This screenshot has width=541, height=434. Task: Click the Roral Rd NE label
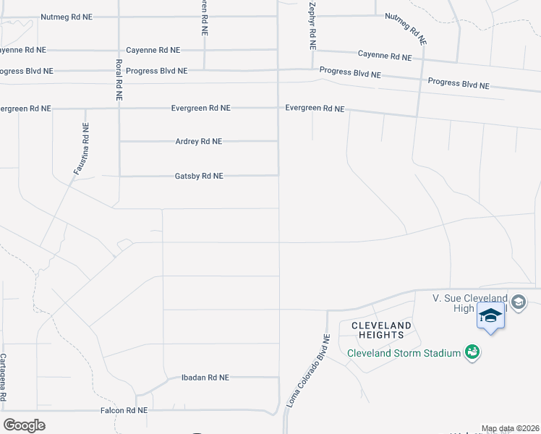(118, 79)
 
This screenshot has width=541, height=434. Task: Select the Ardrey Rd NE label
(199, 142)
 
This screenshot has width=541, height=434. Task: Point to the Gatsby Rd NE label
(199, 176)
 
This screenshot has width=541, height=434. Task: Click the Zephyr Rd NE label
(312, 25)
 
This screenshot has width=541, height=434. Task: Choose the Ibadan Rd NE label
(205, 378)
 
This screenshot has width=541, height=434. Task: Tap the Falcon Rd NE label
(123, 410)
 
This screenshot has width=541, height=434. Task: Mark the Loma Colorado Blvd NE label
(308, 371)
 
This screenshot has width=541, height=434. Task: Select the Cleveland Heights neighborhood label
(381, 331)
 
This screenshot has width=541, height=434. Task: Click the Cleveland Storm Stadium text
(404, 353)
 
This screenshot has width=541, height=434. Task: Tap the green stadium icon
(472, 352)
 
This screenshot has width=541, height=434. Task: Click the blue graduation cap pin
(490, 316)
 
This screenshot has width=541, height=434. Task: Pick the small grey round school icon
(519, 302)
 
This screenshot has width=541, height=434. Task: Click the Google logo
(24, 425)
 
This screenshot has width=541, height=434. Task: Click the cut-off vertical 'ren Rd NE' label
(205, 19)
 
